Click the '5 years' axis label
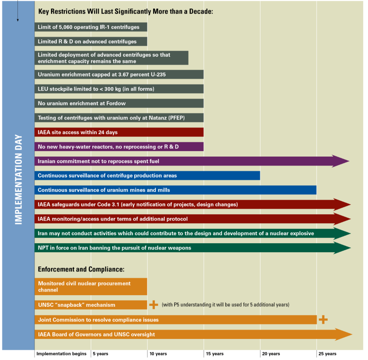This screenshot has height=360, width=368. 100,354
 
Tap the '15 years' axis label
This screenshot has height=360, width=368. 214,354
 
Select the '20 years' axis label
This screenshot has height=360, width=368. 271,354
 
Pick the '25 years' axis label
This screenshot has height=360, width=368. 327,354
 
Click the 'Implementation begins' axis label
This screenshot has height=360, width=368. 61,354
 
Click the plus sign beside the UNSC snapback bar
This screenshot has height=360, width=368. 154,305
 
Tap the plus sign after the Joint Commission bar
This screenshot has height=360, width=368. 323,319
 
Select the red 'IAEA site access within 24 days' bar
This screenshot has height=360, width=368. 119,132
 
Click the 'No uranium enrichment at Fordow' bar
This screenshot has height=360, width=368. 119,103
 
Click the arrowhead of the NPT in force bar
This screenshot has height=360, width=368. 342,248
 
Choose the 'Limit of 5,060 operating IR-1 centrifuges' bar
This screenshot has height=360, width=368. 91,27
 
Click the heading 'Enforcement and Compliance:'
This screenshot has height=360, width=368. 81,270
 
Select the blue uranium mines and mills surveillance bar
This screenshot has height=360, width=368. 175,190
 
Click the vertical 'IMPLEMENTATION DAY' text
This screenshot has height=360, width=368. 18,179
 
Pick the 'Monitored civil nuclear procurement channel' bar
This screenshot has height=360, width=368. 91,287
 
